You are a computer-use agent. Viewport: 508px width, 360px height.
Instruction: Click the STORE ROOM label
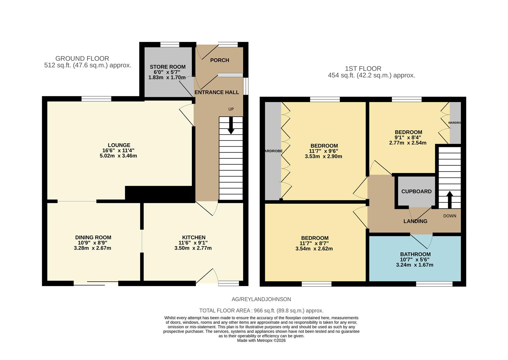[167, 67]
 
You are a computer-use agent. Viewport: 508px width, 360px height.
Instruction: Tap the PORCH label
[219, 60]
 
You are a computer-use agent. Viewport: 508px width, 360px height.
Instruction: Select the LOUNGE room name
[119, 145]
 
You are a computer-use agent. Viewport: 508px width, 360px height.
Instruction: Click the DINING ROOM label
[93, 238]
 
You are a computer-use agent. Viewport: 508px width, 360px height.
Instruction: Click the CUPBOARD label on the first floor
[416, 192]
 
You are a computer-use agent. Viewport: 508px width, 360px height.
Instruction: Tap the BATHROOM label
[415, 254]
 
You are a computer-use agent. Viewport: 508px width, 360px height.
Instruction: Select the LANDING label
[415, 221]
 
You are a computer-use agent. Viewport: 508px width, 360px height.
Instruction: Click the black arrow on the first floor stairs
[449, 199]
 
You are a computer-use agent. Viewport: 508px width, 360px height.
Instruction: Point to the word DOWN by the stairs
[450, 216]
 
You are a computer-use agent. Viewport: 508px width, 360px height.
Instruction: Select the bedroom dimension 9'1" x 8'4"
[408, 137]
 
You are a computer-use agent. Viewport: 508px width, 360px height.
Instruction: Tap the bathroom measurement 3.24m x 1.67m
[415, 265]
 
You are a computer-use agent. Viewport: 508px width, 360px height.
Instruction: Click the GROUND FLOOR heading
[82, 59]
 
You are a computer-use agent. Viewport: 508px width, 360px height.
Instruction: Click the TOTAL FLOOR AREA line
[261, 311]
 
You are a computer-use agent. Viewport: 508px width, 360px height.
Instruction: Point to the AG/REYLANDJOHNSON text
[261, 299]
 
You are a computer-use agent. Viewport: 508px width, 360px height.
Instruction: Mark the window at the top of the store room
[170, 44]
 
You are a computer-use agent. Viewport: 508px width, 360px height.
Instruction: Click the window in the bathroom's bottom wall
[434, 284]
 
